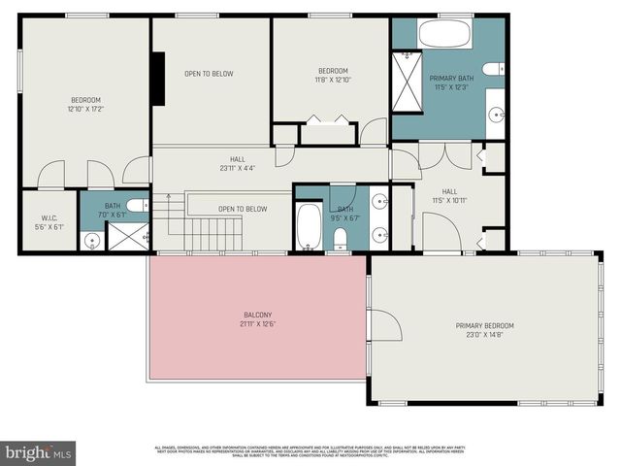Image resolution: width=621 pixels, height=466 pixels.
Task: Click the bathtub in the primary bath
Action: click(443, 35)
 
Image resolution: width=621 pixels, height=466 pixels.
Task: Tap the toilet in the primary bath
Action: click(492, 67)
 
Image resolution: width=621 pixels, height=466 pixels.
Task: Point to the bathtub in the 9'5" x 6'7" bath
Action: click(309, 227)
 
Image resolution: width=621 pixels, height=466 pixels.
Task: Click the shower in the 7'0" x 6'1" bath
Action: click(127, 236)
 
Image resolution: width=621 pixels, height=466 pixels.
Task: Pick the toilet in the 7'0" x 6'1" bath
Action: click(138, 205)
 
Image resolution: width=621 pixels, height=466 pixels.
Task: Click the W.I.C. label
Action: click(50, 217)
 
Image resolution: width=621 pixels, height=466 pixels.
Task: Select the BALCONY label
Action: click(257, 314)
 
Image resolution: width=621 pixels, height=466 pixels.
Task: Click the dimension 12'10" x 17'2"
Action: click(85, 109)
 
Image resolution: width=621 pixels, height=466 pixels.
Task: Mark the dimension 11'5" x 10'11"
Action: click(449, 200)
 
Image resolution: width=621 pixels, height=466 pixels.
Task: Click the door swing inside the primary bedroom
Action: click(382, 324)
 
